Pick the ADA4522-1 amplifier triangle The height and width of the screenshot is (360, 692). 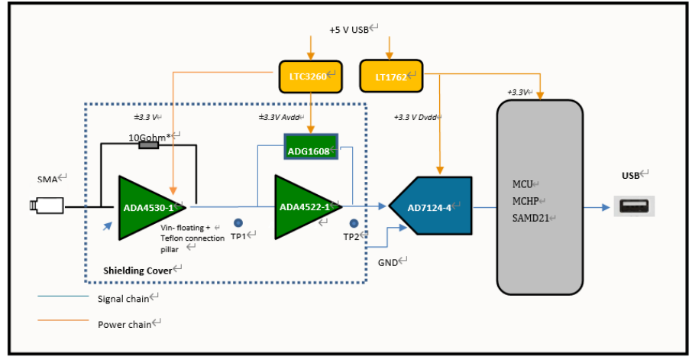[x=304, y=207]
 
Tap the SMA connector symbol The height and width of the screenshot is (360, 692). [x=47, y=206]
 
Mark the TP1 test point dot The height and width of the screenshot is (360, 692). [x=238, y=223]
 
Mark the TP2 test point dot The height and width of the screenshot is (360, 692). [x=354, y=223]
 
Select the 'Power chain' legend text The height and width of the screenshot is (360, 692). [x=123, y=324]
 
